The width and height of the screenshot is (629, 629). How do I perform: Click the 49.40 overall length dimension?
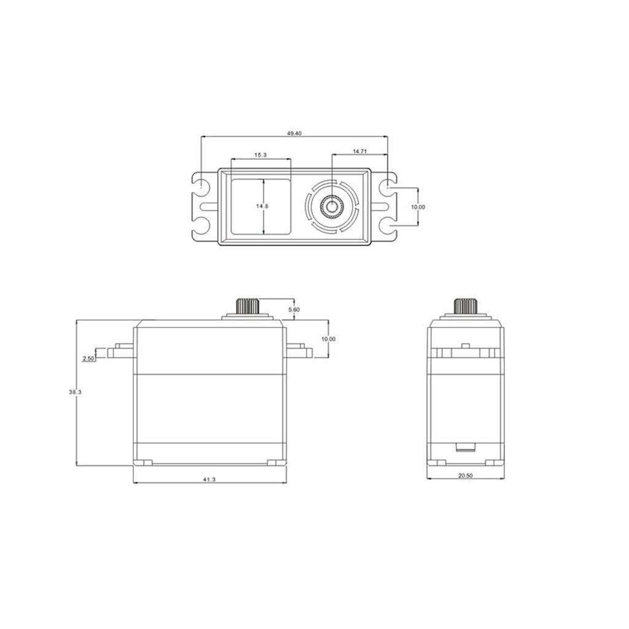point(294,134)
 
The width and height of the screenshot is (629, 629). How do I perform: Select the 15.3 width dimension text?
point(260,155)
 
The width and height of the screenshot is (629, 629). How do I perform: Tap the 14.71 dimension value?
point(360,150)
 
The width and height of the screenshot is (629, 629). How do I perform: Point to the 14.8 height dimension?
point(262,206)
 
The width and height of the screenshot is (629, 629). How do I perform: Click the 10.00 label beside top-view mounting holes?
point(418,207)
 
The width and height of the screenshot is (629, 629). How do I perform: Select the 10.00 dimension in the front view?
point(329,338)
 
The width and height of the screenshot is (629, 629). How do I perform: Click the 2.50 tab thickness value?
point(88,359)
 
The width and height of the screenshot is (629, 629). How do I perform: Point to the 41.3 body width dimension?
point(209,480)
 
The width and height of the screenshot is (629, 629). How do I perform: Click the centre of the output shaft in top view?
point(332,206)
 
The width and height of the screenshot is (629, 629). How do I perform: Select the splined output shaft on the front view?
point(248,305)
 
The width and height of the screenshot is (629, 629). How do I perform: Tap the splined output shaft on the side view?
point(466,305)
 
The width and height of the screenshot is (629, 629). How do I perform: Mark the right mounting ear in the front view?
point(298,351)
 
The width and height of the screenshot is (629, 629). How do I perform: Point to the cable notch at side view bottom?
point(465,448)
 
